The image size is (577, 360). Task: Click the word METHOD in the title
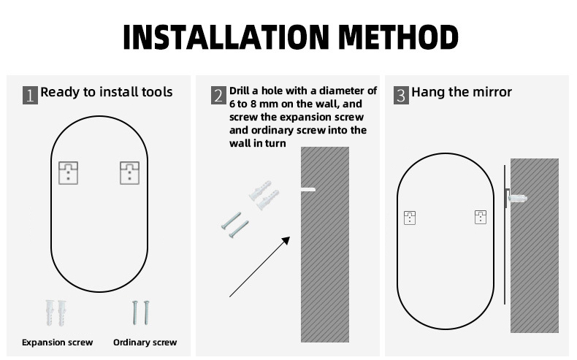coord(398,37)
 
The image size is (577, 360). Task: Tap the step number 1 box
coord(30,95)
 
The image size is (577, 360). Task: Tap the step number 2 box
coord(218,95)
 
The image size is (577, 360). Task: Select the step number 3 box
coord(401,95)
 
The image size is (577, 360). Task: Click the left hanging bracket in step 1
coord(69,173)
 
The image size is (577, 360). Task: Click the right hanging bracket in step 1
coord(129,173)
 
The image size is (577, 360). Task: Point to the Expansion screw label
coord(58,342)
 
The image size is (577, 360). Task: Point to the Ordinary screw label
coord(145,342)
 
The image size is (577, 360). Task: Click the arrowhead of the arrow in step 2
coord(286,240)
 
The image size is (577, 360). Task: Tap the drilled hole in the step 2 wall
coord(308,190)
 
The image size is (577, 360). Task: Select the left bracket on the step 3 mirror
coord(410,218)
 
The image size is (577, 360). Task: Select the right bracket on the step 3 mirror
coord(481,217)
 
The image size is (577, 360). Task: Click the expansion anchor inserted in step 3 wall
coord(518,199)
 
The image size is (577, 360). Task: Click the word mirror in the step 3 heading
coord(492,92)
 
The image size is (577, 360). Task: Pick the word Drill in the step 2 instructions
coord(239,91)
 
